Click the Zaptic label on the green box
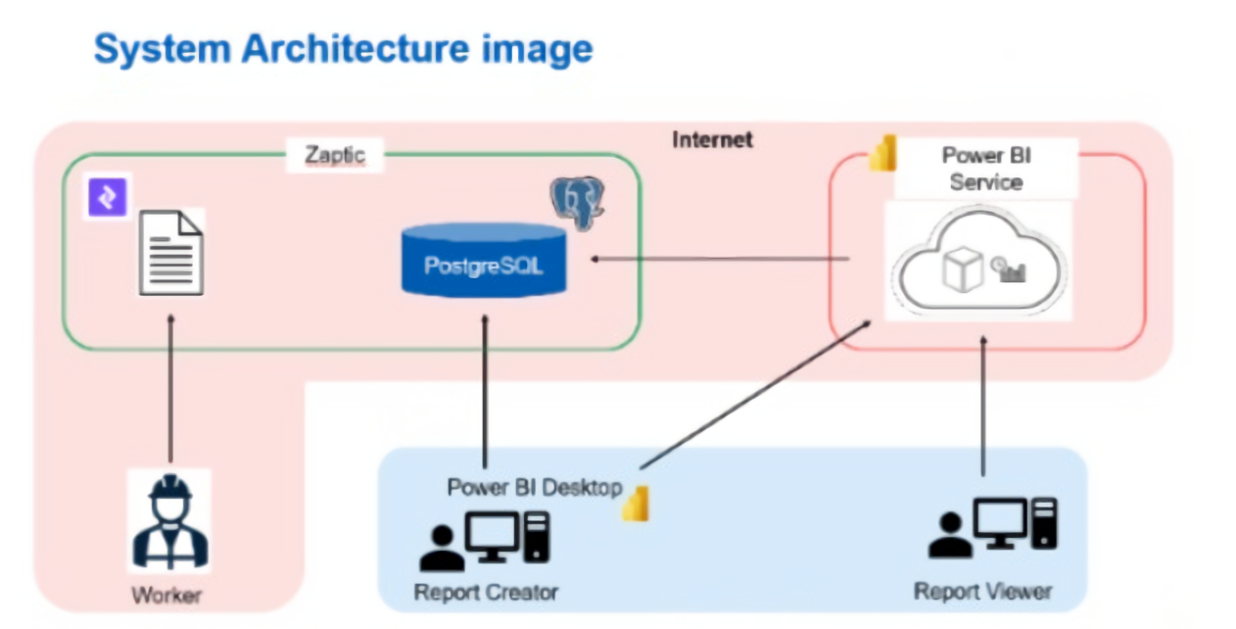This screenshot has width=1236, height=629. (x=334, y=155)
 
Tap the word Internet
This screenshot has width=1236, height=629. (x=712, y=139)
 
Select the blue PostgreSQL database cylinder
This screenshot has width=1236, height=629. (x=484, y=259)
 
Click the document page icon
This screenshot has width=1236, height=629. (x=170, y=252)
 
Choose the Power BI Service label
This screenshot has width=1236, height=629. (x=985, y=169)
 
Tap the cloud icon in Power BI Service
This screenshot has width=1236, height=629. (x=977, y=263)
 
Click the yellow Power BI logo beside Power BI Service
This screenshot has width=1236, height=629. (x=882, y=156)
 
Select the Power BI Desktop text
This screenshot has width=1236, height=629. (x=534, y=487)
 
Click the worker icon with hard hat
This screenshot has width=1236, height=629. (x=169, y=521)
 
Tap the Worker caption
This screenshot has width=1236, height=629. (x=167, y=595)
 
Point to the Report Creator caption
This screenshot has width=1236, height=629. (x=486, y=592)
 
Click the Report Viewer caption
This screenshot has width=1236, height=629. (x=982, y=591)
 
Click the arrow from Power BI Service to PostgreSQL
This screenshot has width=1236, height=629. (x=720, y=259)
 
